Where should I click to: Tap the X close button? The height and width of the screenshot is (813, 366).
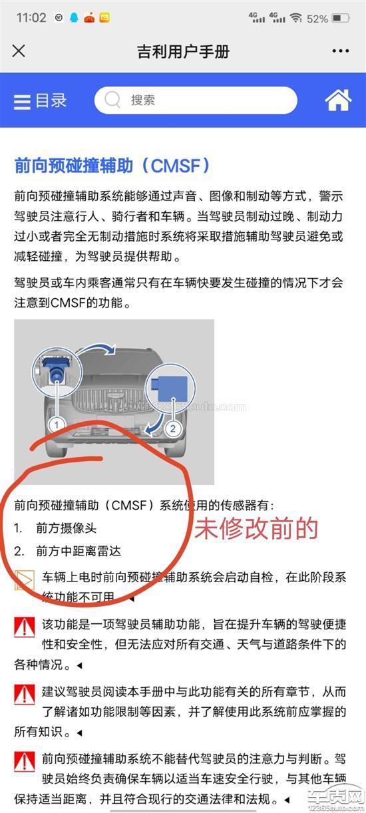(19, 51)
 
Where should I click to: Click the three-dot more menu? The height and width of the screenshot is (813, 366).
(340, 51)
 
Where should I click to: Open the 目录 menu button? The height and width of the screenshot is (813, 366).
(40, 100)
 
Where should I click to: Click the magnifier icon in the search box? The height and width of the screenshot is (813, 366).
(112, 99)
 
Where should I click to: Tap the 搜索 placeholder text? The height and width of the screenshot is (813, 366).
(143, 100)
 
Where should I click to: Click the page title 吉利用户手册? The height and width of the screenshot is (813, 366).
(183, 51)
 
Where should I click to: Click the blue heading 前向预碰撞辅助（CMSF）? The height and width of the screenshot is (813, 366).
(112, 166)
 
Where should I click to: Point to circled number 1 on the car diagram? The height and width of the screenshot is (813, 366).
(57, 424)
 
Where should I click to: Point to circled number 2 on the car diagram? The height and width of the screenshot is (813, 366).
(173, 428)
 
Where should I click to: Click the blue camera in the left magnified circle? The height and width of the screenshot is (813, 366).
(55, 369)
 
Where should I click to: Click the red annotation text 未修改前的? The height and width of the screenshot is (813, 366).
(256, 528)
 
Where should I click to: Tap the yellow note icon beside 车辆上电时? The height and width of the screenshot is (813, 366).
(25, 580)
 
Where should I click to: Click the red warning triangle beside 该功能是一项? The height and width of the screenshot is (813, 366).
(25, 627)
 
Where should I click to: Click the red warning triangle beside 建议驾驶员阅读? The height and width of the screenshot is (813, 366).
(25, 695)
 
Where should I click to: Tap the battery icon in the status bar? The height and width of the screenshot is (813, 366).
(341, 18)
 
